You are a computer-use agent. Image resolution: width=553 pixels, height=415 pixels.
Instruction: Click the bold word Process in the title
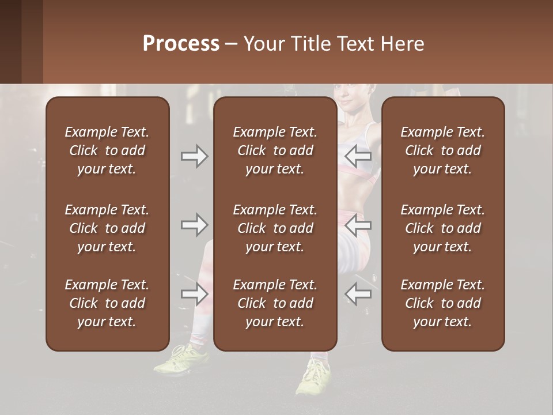[x=181, y=44]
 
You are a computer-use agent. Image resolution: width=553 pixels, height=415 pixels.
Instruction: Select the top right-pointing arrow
[x=194, y=156]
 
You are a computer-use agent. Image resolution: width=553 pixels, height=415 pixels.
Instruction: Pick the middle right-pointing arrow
[x=194, y=225]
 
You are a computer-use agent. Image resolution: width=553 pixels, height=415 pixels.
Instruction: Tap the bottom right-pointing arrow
[x=194, y=294]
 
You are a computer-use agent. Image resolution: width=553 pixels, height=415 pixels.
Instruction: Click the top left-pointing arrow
[x=358, y=156]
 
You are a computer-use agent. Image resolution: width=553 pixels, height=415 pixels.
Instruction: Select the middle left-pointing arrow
[x=358, y=225]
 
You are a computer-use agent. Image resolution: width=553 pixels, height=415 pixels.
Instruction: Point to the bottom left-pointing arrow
[x=358, y=294]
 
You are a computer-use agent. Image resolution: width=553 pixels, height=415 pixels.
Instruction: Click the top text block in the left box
[x=107, y=150]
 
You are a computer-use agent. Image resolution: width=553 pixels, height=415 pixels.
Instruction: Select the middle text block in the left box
[x=107, y=228]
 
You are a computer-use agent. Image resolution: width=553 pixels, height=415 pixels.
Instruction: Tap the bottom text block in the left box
[x=107, y=303]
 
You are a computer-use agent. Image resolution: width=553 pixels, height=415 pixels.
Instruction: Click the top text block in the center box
[x=275, y=150]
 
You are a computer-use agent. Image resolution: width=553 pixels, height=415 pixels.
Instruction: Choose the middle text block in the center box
[x=275, y=228]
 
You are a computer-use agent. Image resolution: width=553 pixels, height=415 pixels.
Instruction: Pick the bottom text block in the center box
[x=275, y=303]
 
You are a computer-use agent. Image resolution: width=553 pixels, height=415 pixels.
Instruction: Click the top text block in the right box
[x=442, y=150]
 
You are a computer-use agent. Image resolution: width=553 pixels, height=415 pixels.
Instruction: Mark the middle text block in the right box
[x=442, y=228]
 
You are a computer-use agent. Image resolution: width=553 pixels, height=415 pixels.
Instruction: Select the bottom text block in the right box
[x=442, y=303]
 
